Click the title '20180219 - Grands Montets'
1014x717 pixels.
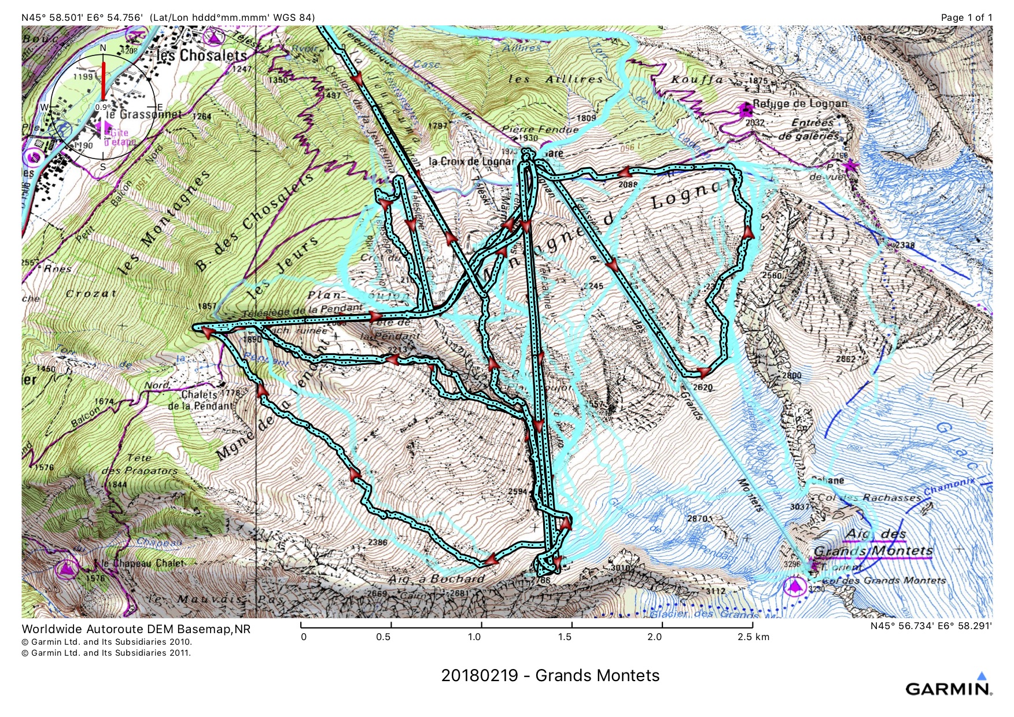click(550, 675)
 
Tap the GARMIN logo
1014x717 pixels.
click(949, 688)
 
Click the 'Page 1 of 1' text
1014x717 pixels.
click(966, 17)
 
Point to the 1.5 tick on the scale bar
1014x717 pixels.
click(571, 625)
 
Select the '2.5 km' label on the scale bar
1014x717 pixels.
click(753, 637)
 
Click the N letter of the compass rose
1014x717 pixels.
click(103, 47)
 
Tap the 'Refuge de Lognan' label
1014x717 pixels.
click(800, 104)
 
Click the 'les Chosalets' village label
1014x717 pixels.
click(201, 56)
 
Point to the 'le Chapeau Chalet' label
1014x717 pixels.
click(143, 563)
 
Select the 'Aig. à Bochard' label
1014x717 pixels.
click(436, 578)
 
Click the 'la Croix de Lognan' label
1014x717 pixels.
click(471, 161)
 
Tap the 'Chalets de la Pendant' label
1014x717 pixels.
click(200, 400)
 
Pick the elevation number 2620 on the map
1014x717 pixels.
click(703, 387)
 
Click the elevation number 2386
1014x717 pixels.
click(377, 542)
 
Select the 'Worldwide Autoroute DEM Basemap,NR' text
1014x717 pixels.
click(136, 629)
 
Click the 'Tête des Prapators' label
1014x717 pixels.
click(139, 464)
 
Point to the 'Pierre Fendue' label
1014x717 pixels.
click(540, 130)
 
